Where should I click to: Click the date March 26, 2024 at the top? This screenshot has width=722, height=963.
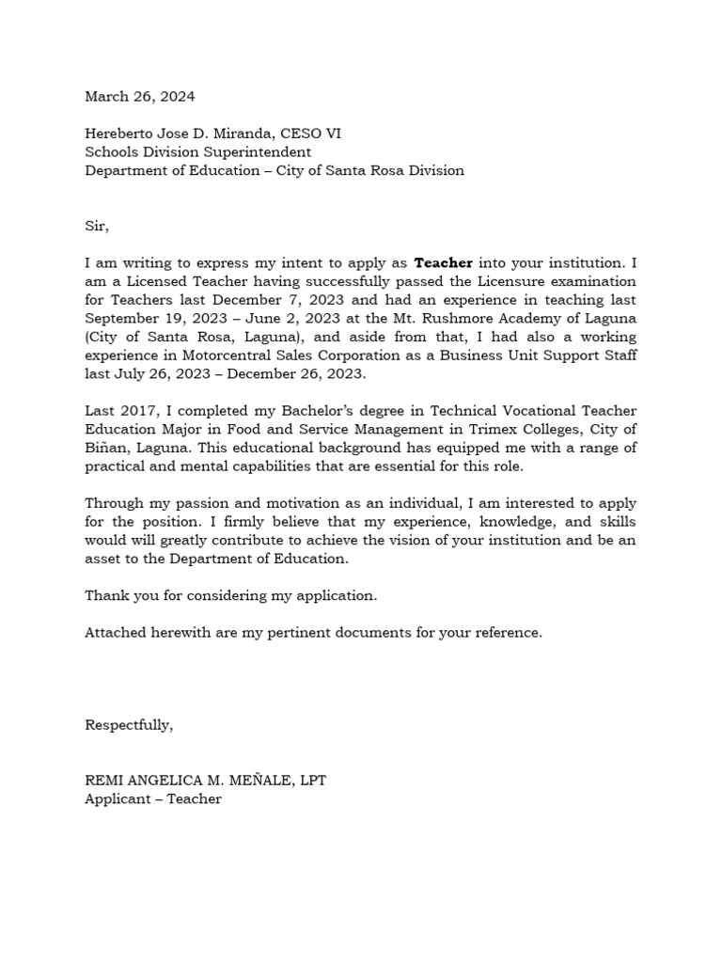[140, 97]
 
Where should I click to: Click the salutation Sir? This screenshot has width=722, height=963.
[97, 226]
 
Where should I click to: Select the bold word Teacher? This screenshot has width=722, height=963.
[443, 263]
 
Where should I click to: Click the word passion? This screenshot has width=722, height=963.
[202, 503]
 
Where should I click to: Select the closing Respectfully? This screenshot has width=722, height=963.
[129, 725]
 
